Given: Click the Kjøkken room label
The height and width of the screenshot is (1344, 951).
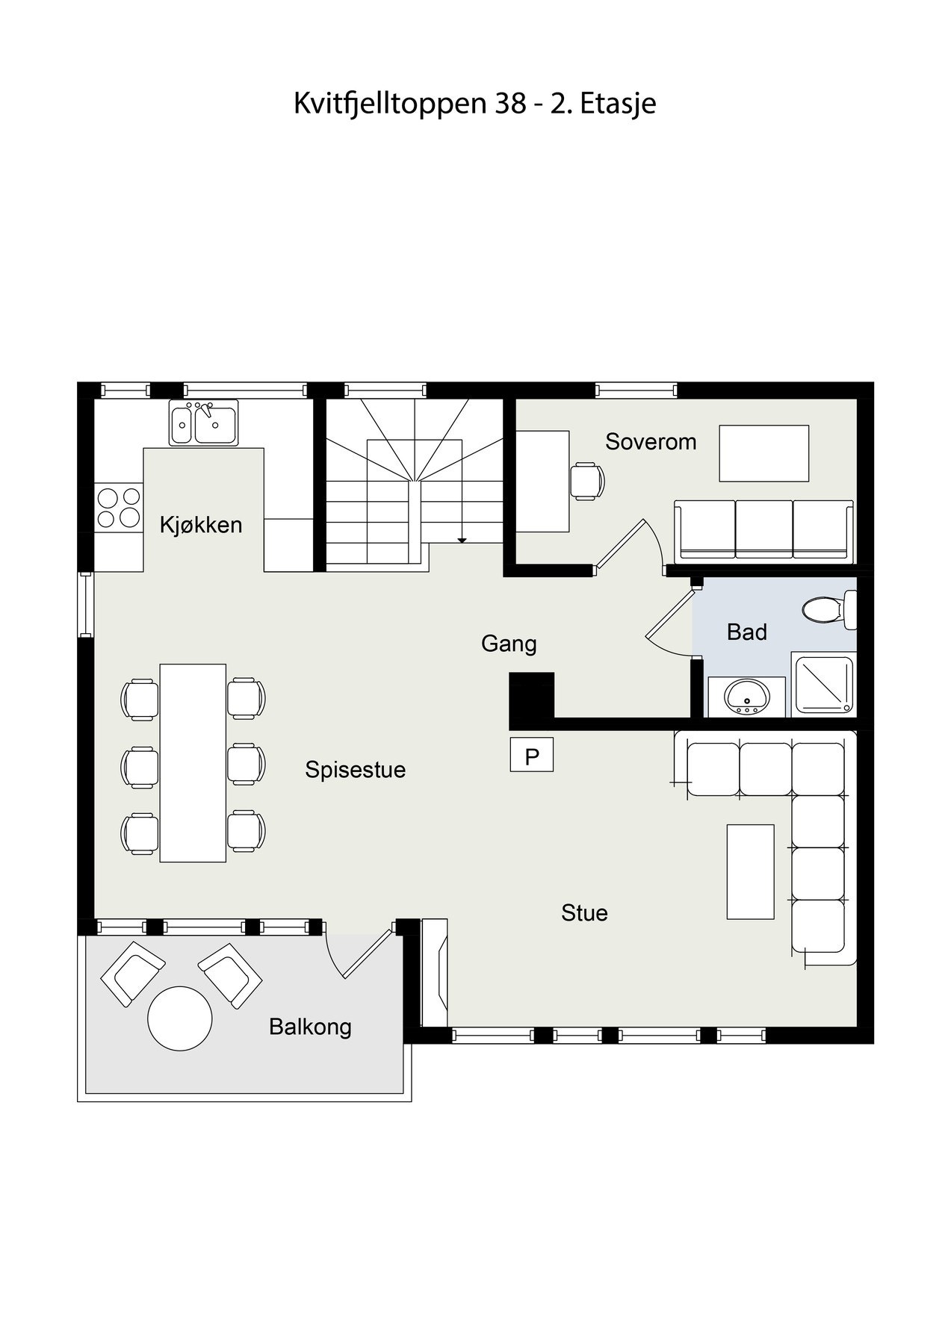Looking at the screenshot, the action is pyautogui.click(x=201, y=525).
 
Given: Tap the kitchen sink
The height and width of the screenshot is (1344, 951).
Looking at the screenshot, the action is pyautogui.click(x=203, y=423).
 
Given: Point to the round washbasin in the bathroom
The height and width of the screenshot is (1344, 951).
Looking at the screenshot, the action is pyautogui.click(x=746, y=697).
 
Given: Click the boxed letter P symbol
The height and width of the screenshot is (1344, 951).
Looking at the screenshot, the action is pyautogui.click(x=532, y=755).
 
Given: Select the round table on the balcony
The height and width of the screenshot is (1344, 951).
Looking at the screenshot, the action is pyautogui.click(x=180, y=1018).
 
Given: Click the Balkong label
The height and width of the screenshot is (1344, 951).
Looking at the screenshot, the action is pyautogui.click(x=310, y=1027).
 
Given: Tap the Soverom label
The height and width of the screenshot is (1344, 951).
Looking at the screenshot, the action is pyautogui.click(x=651, y=442).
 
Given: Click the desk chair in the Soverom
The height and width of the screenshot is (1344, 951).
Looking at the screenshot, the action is pyautogui.click(x=587, y=480).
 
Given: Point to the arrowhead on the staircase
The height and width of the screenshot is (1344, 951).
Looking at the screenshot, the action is pyautogui.click(x=462, y=539).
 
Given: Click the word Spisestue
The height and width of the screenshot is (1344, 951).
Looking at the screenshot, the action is pyautogui.click(x=355, y=770).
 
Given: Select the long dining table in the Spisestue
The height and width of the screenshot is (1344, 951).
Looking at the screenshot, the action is pyautogui.click(x=193, y=763).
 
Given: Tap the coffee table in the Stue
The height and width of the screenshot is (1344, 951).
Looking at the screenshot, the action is pyautogui.click(x=750, y=871).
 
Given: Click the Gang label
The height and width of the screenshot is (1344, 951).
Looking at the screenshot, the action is pyautogui.click(x=509, y=644).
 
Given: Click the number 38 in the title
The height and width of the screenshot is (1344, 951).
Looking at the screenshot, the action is pyautogui.click(x=510, y=103).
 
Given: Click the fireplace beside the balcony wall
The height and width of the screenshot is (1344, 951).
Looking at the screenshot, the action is pyautogui.click(x=435, y=972).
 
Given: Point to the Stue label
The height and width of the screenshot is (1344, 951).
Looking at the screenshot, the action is pyautogui.click(x=584, y=912).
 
